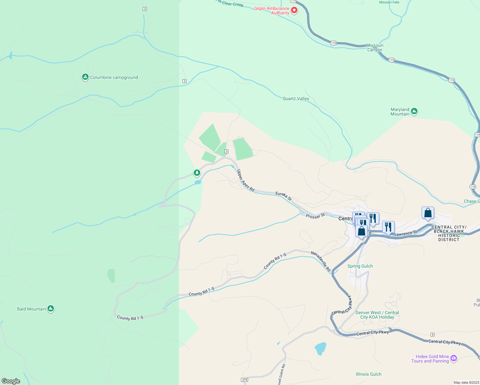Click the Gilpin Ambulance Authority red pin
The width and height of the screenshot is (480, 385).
[294, 11]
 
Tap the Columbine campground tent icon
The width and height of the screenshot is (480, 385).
[85, 77]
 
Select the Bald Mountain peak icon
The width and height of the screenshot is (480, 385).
[50, 309]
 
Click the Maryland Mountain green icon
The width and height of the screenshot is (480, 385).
[414, 111]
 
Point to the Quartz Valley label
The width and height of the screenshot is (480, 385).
[296, 98]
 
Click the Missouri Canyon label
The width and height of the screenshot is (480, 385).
[375, 47]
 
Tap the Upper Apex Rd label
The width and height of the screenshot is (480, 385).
[245, 181]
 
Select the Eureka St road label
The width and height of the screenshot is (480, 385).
[284, 196]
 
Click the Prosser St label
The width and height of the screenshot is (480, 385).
[315, 216]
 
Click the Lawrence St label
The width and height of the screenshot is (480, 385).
[406, 233]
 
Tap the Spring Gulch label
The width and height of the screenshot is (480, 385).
[360, 266]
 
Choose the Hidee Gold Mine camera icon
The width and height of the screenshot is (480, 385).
[453, 358]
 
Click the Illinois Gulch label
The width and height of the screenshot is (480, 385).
[368, 374]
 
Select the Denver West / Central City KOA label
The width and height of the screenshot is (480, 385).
[377, 315]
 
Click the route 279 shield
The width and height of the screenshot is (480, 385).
[244, 380]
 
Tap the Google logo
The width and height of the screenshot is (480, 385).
[11, 381]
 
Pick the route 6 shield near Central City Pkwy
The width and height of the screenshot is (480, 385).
[433, 335]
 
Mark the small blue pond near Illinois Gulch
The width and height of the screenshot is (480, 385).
[321, 348]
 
